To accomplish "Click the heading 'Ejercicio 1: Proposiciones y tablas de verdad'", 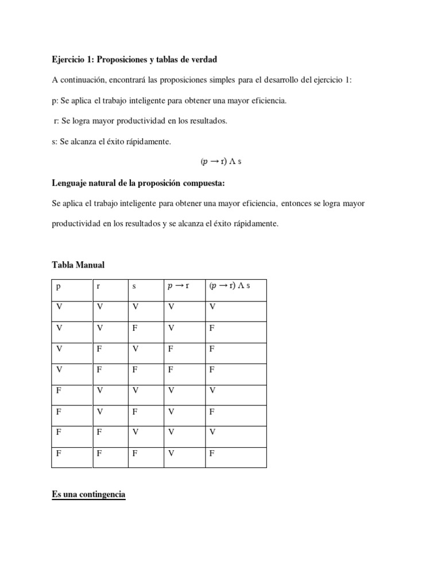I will tap(134, 60).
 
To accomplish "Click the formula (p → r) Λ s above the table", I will tap(226, 162).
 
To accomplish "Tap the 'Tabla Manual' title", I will tap(78, 265).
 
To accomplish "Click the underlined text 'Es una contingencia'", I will tap(88, 493).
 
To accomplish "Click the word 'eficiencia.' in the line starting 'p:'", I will tap(266, 101).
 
